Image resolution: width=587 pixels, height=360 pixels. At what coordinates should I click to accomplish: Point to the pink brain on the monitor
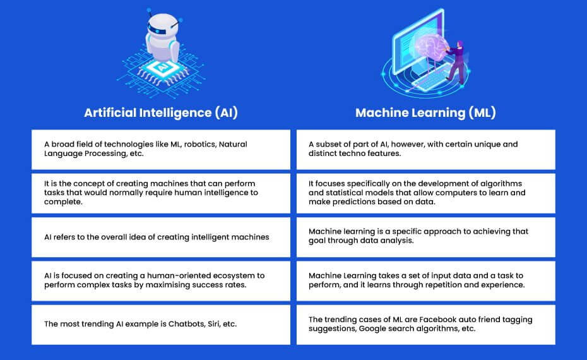pos(430,47)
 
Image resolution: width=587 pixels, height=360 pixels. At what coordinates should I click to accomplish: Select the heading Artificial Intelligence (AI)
pos(161,113)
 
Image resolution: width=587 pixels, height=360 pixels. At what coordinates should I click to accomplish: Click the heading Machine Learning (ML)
pos(425,113)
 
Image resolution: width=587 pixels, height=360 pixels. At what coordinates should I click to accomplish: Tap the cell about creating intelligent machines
pos(161,237)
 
